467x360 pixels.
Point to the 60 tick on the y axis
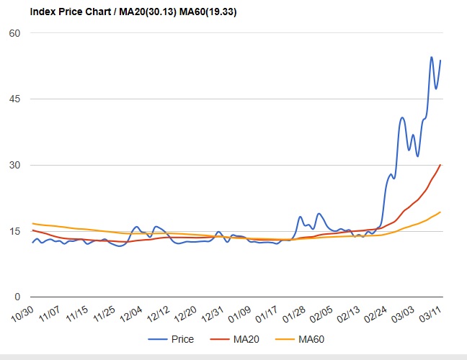coord(14,33)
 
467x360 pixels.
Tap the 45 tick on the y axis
coord(14,99)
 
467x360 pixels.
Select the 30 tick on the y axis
coord(14,165)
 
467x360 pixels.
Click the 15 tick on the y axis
coord(14,231)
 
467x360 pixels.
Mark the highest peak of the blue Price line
coord(432,57)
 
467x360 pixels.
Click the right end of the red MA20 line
coord(440,165)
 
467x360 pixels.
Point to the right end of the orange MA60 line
coord(440,212)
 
